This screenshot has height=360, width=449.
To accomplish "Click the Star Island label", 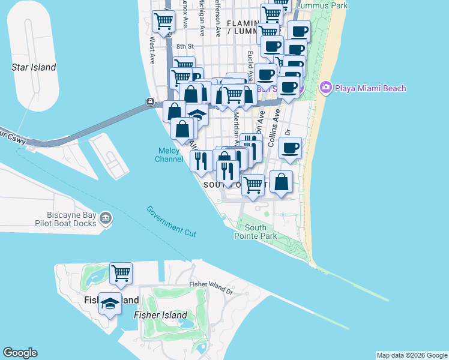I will click(x=34, y=67).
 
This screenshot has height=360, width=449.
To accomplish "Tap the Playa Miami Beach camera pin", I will click(x=326, y=88).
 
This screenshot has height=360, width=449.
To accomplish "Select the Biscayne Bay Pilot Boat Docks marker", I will click(x=106, y=217).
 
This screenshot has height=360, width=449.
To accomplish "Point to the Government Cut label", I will click(x=172, y=221).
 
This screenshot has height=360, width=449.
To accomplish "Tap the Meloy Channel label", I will click(x=169, y=155).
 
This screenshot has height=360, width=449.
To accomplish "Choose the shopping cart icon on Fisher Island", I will click(x=121, y=273).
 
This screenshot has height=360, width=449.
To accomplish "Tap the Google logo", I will click(x=20, y=353).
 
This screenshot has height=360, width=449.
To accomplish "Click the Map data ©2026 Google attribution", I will click(x=411, y=355).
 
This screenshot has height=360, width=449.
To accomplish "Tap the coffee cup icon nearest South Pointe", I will click(x=290, y=148).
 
